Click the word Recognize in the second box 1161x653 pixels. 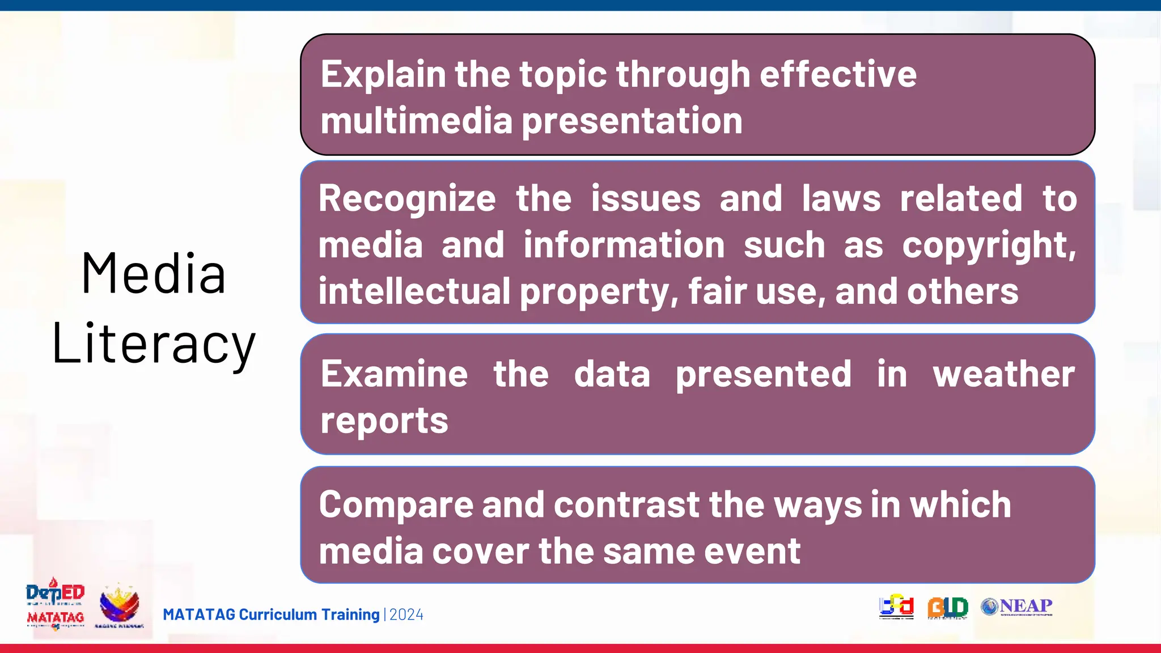(x=407, y=200)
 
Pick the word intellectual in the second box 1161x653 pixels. (x=414, y=292)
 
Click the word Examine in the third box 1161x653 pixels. (x=395, y=374)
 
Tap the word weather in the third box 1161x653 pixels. (x=1004, y=374)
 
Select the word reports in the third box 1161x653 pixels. (x=384, y=421)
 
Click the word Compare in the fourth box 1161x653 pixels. (x=396, y=504)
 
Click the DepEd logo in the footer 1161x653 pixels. (x=55, y=593)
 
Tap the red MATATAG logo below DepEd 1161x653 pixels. (x=56, y=618)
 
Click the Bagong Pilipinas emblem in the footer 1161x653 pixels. (x=119, y=606)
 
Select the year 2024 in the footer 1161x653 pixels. (x=406, y=615)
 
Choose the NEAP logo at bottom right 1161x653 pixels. (x=1017, y=607)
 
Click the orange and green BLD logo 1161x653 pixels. (x=947, y=608)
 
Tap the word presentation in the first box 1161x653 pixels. (x=632, y=121)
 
